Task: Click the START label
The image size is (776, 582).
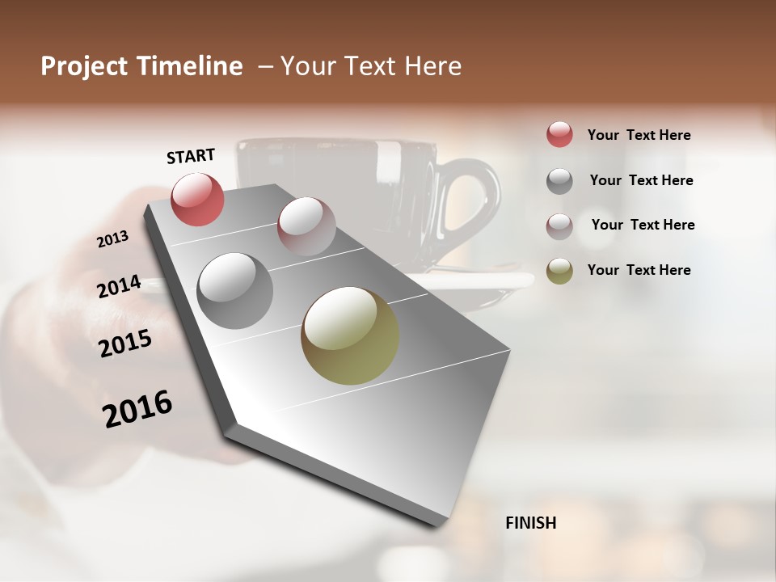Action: [191, 156]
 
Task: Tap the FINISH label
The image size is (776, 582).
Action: [530, 523]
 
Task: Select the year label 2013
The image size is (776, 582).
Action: [113, 239]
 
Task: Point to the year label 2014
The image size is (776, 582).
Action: [120, 287]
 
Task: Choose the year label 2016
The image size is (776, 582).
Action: [138, 408]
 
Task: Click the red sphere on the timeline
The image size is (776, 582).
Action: [197, 199]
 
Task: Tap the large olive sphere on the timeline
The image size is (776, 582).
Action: [350, 335]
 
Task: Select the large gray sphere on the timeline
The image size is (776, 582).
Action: [235, 290]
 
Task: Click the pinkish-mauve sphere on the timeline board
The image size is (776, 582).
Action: [306, 226]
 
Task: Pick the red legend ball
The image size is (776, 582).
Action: [559, 134]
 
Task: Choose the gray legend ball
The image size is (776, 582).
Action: [559, 181]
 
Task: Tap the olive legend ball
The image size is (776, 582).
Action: [559, 271]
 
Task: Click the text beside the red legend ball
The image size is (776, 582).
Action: [639, 135]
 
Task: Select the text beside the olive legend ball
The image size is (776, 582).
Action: [639, 270]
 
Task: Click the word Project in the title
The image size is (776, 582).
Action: [86, 66]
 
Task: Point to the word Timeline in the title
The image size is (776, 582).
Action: [192, 66]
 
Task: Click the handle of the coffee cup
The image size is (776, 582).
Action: [473, 202]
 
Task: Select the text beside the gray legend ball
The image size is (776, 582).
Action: [641, 180]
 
